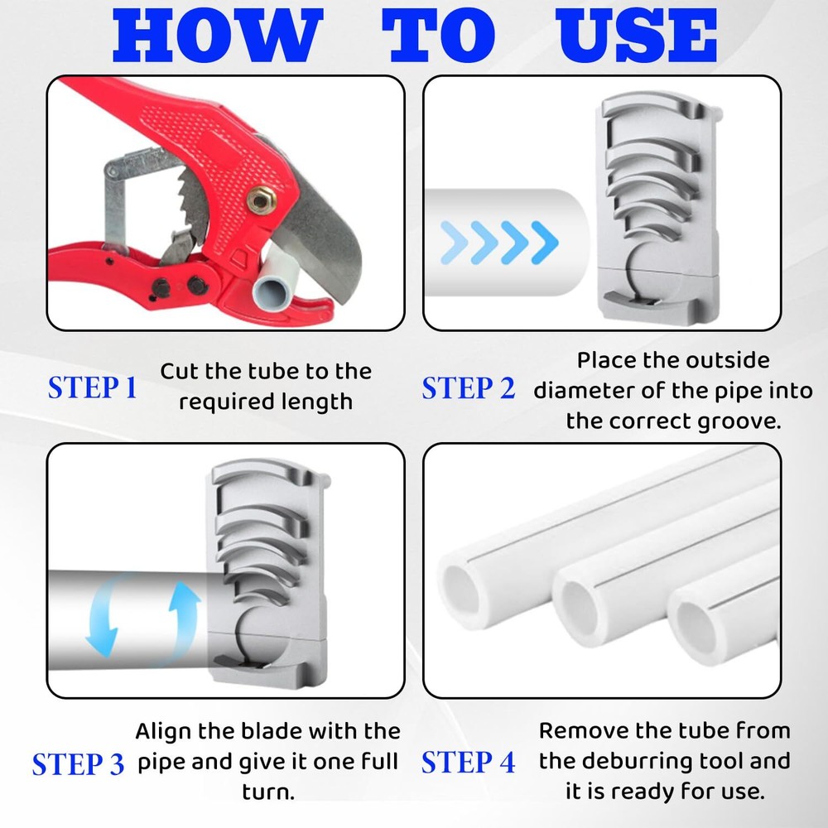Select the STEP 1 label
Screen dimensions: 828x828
click(x=92, y=388)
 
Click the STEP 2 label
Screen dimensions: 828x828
click(x=468, y=388)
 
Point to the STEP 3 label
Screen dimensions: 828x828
click(x=78, y=763)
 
